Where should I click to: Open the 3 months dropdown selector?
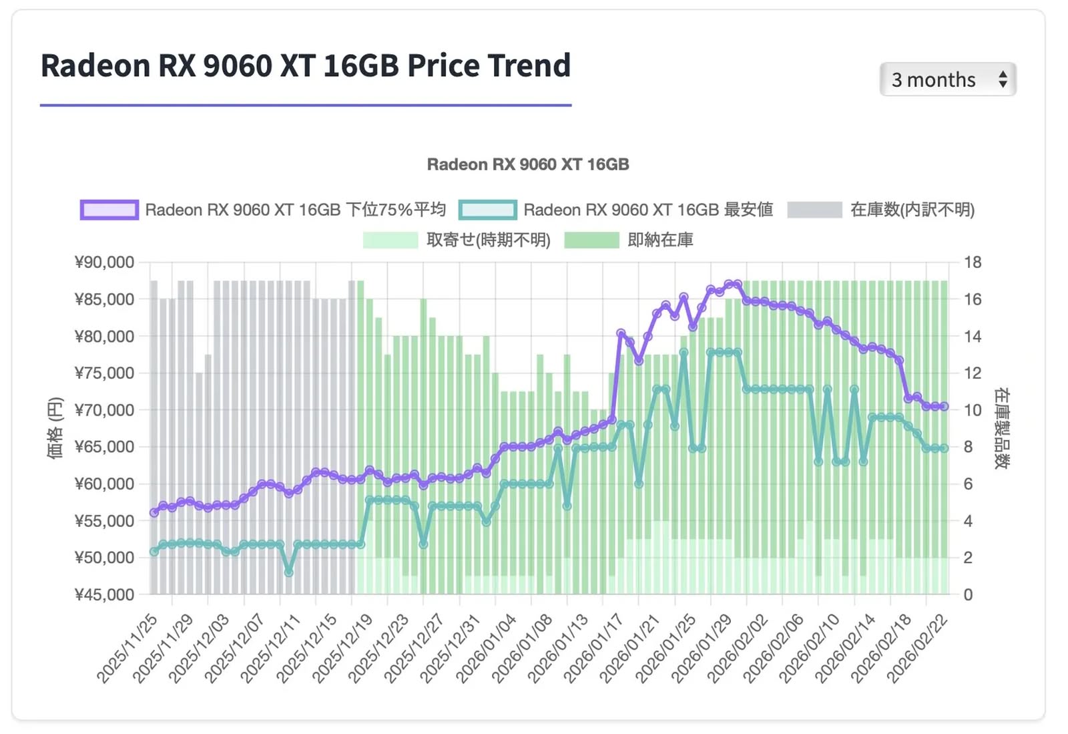point(947,79)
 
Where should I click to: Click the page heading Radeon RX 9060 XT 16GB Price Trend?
point(306,65)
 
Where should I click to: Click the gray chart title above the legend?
point(527,164)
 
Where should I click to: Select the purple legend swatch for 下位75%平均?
point(109,210)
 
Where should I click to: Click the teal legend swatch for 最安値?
point(488,210)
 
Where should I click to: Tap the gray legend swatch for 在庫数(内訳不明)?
point(814,210)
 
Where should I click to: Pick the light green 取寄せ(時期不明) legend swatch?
point(390,240)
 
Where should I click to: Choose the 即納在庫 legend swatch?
point(591,240)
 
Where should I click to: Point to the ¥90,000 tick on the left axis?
point(104,262)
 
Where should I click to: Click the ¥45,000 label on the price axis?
point(104,594)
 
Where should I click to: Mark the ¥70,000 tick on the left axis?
point(104,410)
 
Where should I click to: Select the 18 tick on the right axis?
point(973,262)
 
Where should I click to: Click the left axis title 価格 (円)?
point(55,427)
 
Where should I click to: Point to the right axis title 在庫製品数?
point(1001,427)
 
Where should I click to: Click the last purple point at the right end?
point(944,406)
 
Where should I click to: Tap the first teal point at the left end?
point(154,552)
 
